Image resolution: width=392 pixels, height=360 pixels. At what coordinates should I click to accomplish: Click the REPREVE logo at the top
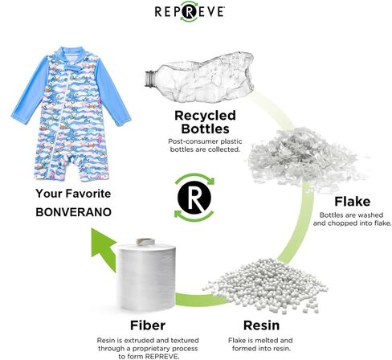190,11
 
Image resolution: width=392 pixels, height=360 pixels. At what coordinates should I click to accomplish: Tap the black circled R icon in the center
194,198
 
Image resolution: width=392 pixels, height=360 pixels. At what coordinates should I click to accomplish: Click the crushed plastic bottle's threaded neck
150,78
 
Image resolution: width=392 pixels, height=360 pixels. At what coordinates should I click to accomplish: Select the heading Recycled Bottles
205,122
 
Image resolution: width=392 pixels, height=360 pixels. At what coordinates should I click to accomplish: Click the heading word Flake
353,202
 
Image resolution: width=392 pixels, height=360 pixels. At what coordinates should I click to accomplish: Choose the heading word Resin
261,325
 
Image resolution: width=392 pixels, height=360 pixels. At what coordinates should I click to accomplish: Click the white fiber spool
146,275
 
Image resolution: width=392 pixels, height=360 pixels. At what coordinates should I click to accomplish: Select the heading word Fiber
148,325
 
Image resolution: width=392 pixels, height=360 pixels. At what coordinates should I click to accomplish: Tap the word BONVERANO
73,212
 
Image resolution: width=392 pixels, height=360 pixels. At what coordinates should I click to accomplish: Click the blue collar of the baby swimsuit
71,53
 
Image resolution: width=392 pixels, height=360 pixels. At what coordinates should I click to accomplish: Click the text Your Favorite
73,194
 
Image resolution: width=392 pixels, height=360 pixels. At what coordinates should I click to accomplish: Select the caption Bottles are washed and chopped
352,219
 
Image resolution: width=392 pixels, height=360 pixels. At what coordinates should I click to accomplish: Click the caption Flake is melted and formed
260,344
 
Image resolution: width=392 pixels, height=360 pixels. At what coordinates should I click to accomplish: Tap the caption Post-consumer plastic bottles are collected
205,145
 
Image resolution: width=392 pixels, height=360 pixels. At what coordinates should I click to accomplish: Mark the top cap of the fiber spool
145,242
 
